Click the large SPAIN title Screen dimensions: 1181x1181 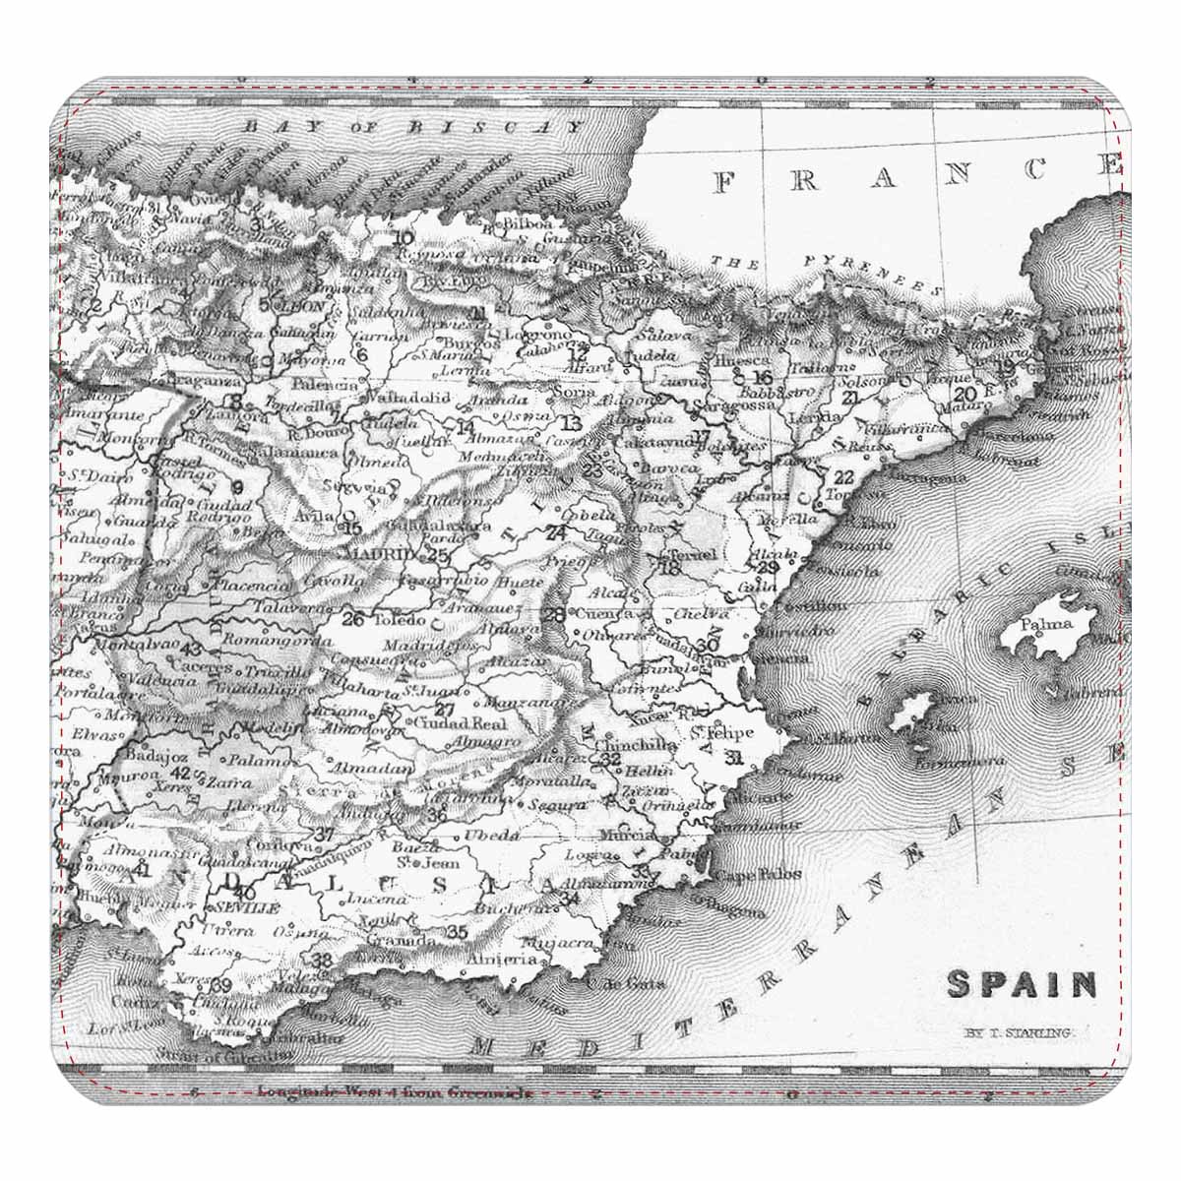1022,983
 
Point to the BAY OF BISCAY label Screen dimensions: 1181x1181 413,127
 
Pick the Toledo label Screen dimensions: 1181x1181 397,621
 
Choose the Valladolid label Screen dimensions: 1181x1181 407,399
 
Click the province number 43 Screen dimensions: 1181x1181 191,649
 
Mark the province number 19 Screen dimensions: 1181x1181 1005,366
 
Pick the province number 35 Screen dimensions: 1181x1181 457,932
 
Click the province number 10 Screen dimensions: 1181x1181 403,237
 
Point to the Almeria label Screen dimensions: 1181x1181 502,959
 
